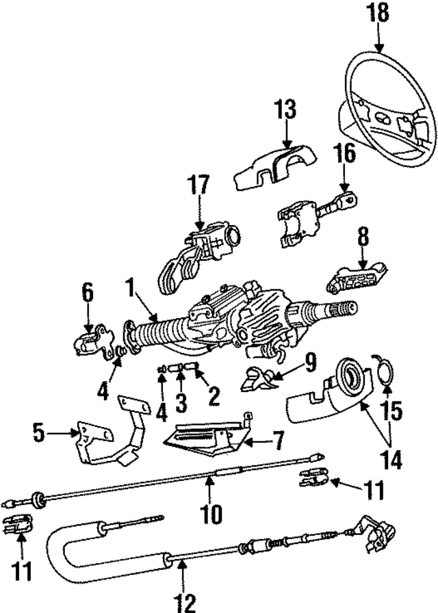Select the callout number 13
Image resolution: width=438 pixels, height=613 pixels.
click(x=285, y=109)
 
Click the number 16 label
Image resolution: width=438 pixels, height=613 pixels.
click(x=345, y=155)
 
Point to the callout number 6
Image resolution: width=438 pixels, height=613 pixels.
click(x=88, y=294)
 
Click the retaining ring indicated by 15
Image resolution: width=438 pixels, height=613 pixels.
click(x=384, y=373)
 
